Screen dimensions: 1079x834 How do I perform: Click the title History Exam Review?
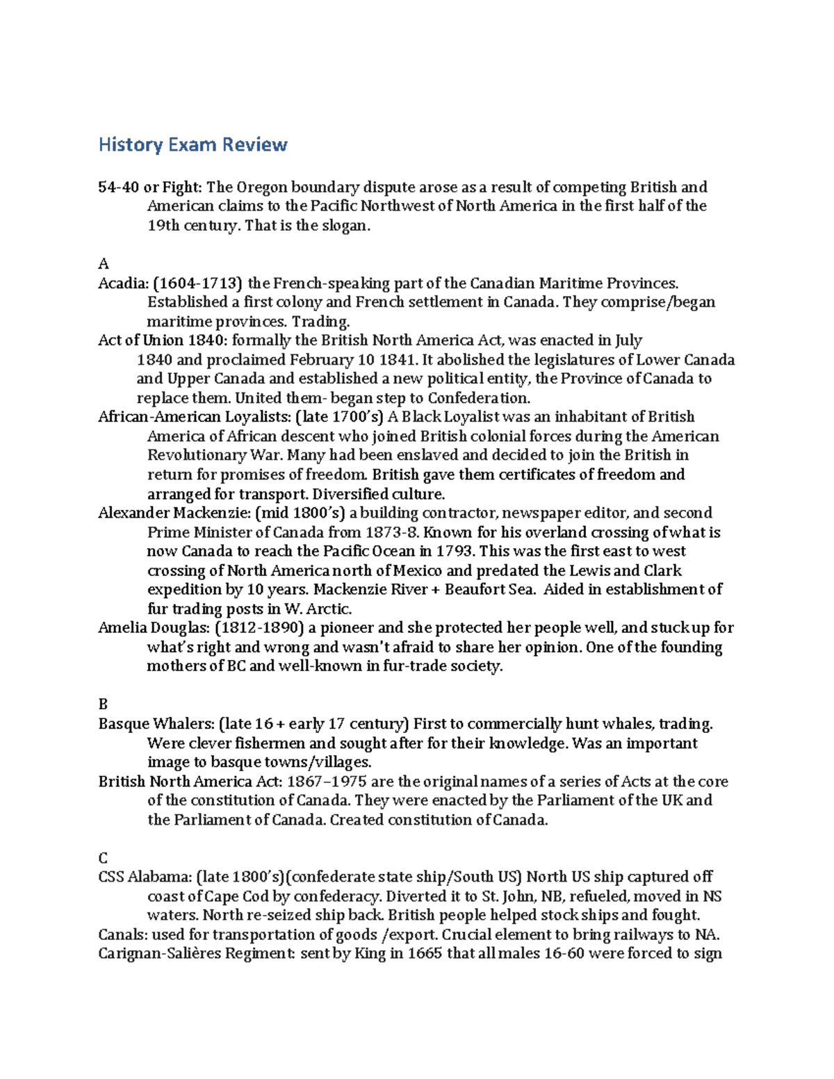[193, 145]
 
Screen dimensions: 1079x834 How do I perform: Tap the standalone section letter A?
[104, 263]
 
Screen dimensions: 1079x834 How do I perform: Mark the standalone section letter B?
[103, 705]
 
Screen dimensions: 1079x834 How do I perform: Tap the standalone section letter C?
[103, 858]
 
